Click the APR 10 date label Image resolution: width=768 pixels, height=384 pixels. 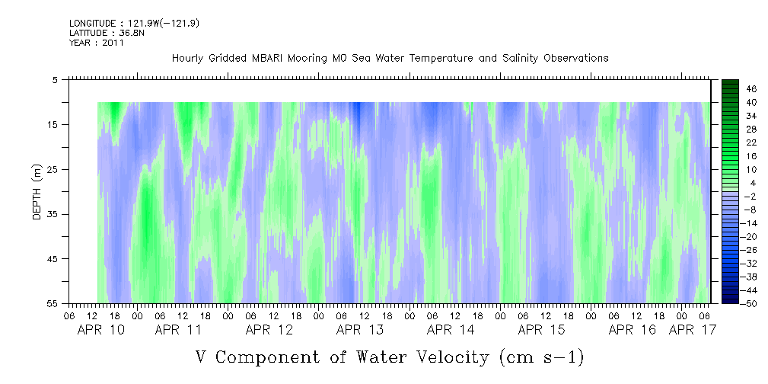coord(101,330)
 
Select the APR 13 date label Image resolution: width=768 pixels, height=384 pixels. coord(360,330)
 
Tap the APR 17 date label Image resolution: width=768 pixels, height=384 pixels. coord(692,330)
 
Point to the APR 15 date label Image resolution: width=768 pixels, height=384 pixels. coord(541,330)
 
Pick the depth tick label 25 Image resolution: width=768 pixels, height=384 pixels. coord(53,170)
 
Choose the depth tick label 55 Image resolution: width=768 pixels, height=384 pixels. coord(53,303)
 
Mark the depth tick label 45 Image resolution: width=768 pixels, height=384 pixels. coord(53,259)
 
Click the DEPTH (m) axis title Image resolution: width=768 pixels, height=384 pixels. coord(37,192)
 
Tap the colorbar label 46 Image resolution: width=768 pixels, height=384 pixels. coord(751,89)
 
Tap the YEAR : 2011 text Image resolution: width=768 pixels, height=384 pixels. coord(97,43)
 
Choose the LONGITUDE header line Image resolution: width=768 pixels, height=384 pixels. coord(134,23)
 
